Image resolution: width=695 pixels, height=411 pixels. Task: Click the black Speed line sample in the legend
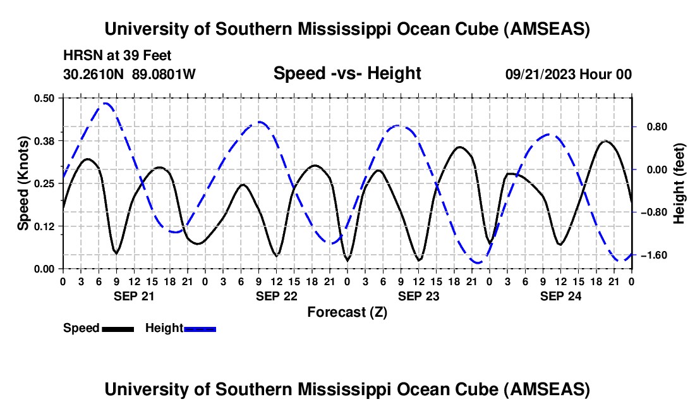click(x=118, y=329)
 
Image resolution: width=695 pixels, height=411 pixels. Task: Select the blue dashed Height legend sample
click(x=200, y=329)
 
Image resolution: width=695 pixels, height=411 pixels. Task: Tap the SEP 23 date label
click(x=418, y=296)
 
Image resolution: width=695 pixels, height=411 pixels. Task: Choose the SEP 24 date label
click(x=560, y=296)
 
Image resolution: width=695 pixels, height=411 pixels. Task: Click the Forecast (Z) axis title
click(x=347, y=312)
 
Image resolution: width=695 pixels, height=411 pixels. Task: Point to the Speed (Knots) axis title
click(x=23, y=183)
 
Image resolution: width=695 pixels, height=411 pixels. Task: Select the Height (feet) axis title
click(x=680, y=183)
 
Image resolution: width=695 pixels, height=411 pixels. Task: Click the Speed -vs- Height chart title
click(x=347, y=74)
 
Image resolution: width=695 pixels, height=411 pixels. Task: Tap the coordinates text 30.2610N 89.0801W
click(x=130, y=75)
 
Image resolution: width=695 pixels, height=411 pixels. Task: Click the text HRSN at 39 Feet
click(x=118, y=56)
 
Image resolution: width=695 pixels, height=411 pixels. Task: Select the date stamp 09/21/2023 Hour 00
click(x=568, y=75)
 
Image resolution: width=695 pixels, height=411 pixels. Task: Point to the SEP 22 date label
click(x=276, y=296)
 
